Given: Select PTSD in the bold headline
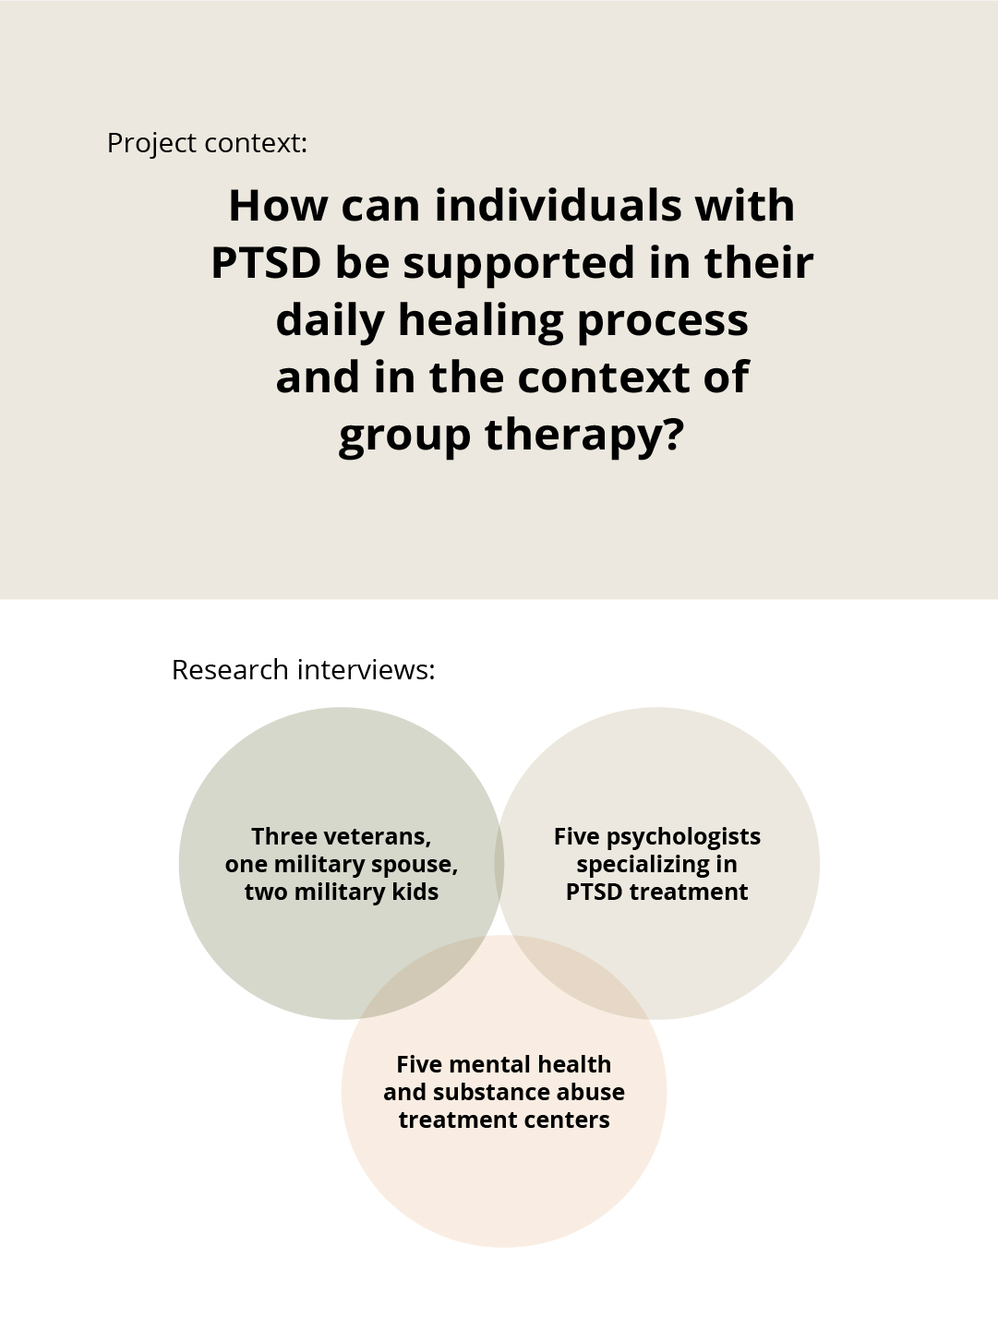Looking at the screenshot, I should coord(265,263).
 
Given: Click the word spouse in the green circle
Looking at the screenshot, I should coord(414,866).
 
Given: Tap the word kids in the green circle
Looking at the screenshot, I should coord(414,893).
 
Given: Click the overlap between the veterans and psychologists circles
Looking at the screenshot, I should coord(499,864).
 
